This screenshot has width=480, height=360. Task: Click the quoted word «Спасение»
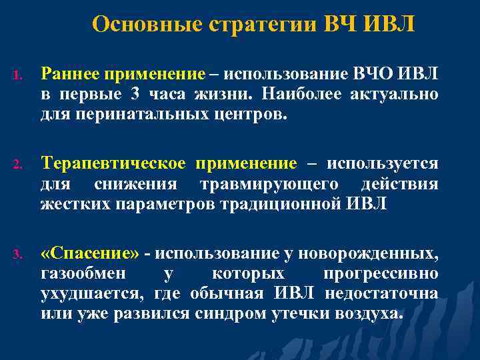[90, 253]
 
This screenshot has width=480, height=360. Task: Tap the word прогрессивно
[380, 273]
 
